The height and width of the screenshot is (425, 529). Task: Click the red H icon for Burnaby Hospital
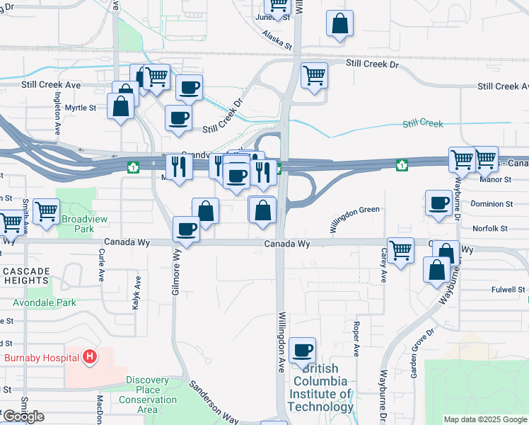pyautogui.click(x=89, y=357)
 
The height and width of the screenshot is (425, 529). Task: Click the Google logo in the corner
pyautogui.click(x=23, y=416)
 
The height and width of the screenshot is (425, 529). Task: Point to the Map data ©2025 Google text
pyautogui.click(x=485, y=419)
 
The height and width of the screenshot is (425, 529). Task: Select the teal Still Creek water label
pyautogui.click(x=423, y=124)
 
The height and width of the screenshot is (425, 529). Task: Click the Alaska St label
pyautogui.click(x=277, y=39)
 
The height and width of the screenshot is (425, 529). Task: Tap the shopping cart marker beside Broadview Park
pyautogui.click(x=46, y=211)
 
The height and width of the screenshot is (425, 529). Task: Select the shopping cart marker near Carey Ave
pyautogui.click(x=401, y=250)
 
